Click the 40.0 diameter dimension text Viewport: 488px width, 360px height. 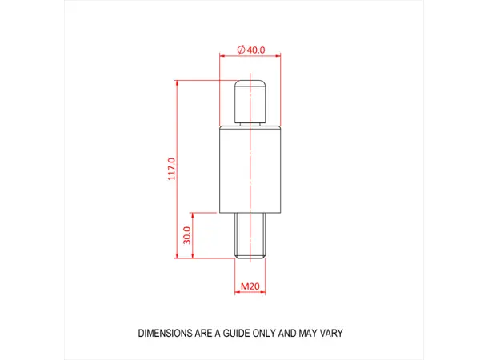pyautogui.click(x=256, y=50)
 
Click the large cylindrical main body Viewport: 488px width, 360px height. pyautogui.click(x=250, y=170)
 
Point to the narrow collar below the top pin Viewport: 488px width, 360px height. pyautogui.click(x=250, y=125)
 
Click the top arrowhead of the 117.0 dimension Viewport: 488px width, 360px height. pyautogui.click(x=178, y=83)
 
